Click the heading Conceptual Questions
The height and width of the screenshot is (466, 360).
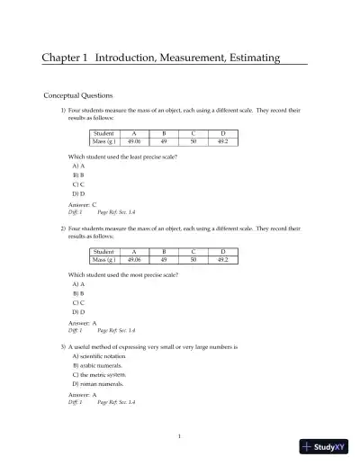tap(78, 94)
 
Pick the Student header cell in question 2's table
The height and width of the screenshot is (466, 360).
tap(104, 252)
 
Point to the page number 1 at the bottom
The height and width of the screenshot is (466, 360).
tap(180, 436)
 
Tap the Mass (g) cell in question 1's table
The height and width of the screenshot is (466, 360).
tap(104, 141)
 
